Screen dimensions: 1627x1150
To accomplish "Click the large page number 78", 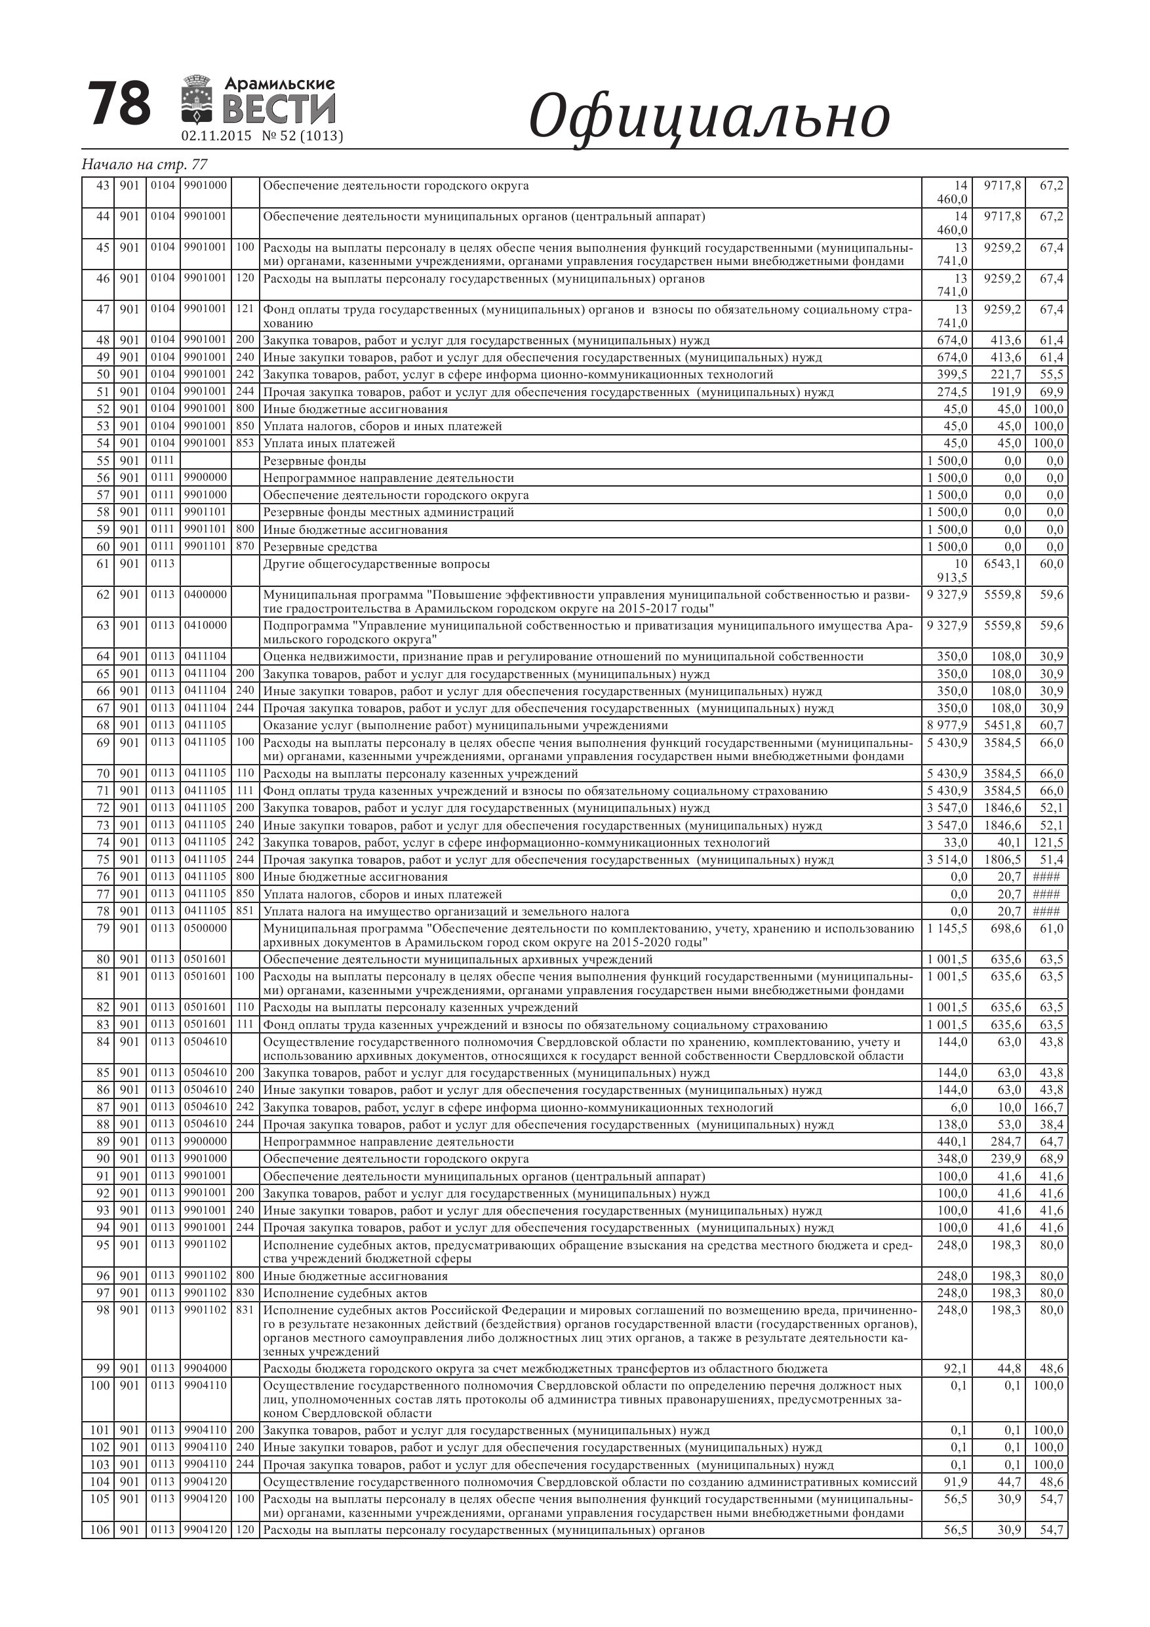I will coord(120,105).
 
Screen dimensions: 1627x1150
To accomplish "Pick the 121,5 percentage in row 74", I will coord(1048,843).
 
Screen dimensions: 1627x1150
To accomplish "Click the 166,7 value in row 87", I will coord(1048,1108).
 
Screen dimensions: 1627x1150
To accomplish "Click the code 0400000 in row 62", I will coord(205,595).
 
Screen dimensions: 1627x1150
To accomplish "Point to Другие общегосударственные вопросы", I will coord(376,564).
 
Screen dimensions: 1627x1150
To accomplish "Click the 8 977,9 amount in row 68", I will coord(947,726).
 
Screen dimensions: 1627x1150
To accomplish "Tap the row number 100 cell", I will coord(100,1386).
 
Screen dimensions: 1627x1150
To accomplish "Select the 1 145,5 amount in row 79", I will coord(947,929).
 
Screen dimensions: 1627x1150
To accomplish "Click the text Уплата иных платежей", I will coord(328,443).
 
